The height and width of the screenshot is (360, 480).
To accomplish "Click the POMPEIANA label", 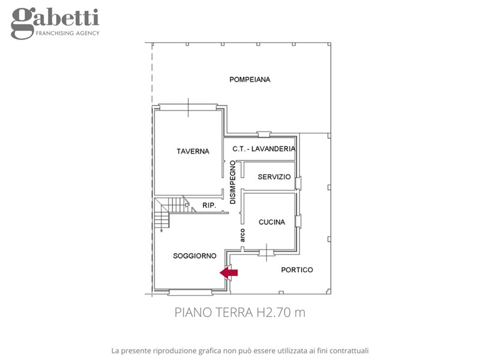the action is pyautogui.click(x=250, y=80).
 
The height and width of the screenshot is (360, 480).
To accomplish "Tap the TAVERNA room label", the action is pyautogui.click(x=193, y=151).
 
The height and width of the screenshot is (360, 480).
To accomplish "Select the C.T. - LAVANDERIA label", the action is pyautogui.click(x=264, y=149).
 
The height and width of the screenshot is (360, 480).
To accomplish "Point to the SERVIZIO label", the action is pyautogui.click(x=274, y=176).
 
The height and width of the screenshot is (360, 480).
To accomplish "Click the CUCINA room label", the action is pyautogui.click(x=272, y=222).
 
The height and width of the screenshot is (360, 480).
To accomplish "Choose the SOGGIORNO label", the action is pyautogui.click(x=194, y=256).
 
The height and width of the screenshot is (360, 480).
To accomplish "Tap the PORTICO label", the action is pyautogui.click(x=297, y=269).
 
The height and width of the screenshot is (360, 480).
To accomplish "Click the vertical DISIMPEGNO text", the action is pyautogui.click(x=233, y=182).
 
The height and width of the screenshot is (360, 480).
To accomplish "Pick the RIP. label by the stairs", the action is pyautogui.click(x=209, y=205).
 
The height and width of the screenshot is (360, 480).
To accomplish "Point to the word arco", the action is pyautogui.click(x=242, y=235).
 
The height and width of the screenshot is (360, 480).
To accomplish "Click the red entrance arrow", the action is pyautogui.click(x=229, y=272).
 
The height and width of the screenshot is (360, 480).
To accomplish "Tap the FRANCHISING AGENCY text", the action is pyautogui.click(x=68, y=33).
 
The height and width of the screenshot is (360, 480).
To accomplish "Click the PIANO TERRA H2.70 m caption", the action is pyautogui.click(x=240, y=313).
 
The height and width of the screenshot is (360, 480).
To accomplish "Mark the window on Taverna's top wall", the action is pyautogui.click(x=188, y=107).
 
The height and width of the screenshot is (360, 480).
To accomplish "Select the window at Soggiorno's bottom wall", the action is pyautogui.click(x=190, y=292).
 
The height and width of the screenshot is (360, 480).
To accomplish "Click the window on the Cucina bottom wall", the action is pyautogui.click(x=266, y=253).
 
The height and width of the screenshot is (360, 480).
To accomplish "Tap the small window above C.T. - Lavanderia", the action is pyautogui.click(x=264, y=134).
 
